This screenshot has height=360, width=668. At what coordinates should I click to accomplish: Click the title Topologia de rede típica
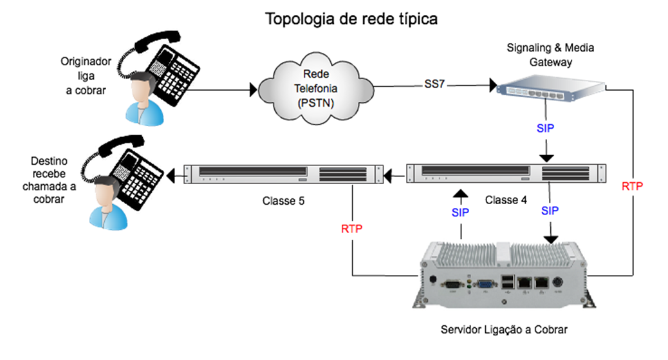[352, 19]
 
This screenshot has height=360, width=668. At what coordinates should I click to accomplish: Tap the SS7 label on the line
[434, 84]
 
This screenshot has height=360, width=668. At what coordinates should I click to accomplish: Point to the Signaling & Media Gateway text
[550, 55]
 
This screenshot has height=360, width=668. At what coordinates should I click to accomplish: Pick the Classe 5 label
[283, 200]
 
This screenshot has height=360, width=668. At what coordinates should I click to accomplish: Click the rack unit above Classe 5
[277, 174]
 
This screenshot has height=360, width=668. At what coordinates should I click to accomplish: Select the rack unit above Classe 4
[498, 173]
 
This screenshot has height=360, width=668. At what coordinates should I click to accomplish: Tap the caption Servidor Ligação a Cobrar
[505, 330]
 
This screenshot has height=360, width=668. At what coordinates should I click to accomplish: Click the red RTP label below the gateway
[633, 186]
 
